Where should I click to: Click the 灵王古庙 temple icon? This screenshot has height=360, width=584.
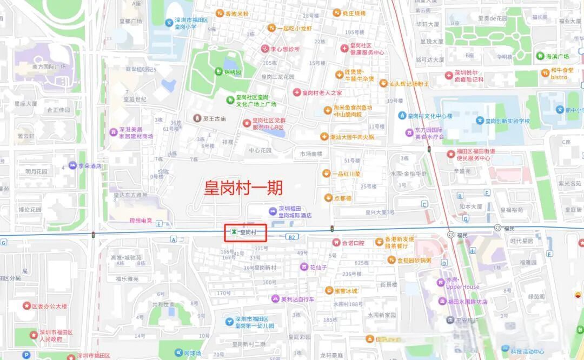point(197,118)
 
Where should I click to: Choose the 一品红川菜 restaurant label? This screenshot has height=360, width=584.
point(347,174)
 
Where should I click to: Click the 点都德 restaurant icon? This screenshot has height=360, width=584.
point(327,198)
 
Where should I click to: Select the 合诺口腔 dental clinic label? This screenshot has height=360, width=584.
point(353,243)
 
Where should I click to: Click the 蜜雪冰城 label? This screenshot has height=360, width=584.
point(346,290)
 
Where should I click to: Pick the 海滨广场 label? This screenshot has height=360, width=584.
point(556,56)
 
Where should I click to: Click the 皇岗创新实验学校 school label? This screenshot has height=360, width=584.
point(508,121)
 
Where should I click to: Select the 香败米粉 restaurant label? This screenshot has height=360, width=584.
point(236,14)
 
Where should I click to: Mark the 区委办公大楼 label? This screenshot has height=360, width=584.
point(49,306)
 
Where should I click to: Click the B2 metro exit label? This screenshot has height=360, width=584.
point(292,237)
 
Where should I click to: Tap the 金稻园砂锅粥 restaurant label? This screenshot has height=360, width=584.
point(414,260)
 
